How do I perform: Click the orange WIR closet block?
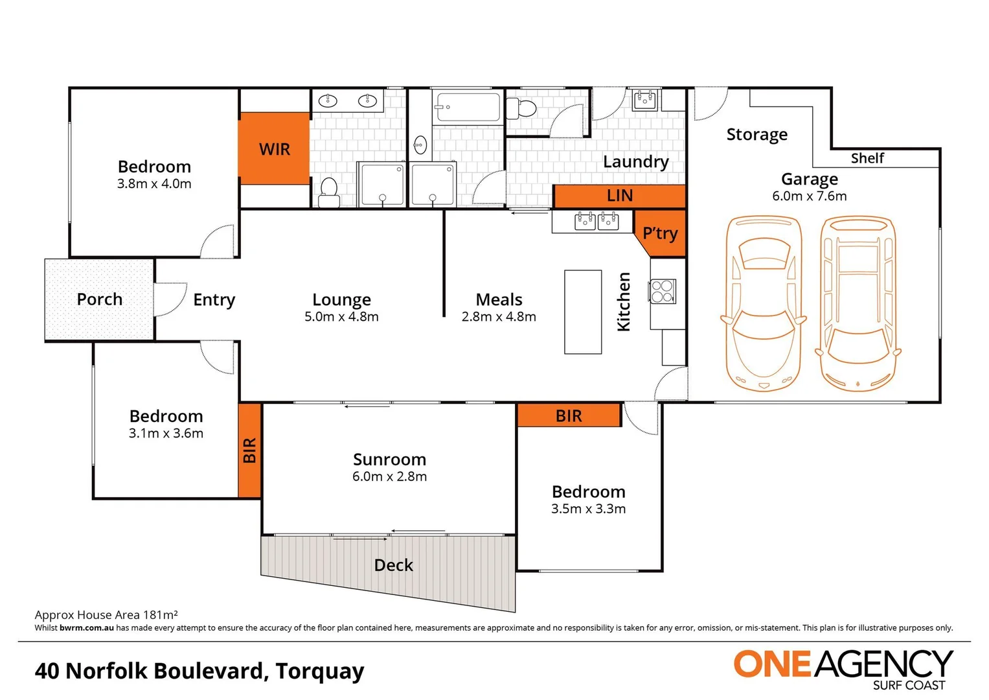click(274, 149)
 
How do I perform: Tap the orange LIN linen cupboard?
click(619, 196)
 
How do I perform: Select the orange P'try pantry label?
click(661, 233)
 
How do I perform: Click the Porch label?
click(99, 299)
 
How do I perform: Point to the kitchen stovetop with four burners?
click(663, 291)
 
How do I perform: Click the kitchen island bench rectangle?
click(583, 312)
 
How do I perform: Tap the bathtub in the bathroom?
click(468, 107)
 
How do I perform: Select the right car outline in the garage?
click(858, 303)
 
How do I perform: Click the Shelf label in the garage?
click(867, 158)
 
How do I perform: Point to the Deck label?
click(393, 565)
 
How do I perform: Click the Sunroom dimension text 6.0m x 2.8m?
click(389, 476)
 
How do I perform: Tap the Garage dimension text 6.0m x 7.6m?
click(809, 196)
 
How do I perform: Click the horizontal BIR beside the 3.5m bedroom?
click(569, 416)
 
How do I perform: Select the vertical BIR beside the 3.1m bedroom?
click(250, 450)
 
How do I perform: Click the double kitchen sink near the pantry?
click(597, 222)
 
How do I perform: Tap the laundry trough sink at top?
click(645, 100)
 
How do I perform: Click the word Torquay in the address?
click(319, 671)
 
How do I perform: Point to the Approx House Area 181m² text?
click(106, 614)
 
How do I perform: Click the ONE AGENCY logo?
click(843, 668)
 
